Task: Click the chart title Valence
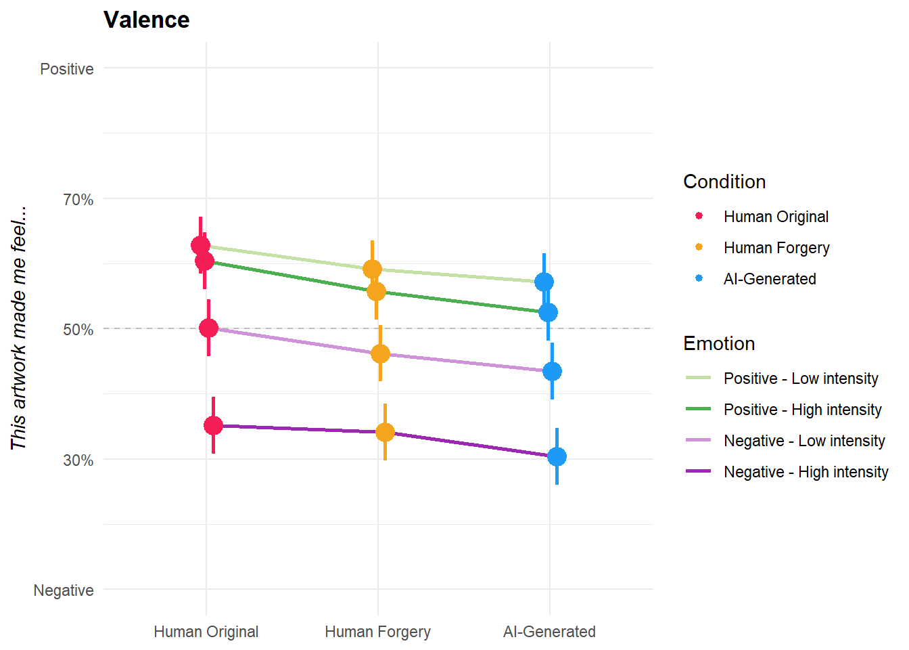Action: tap(146, 20)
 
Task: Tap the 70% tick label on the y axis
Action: tap(78, 200)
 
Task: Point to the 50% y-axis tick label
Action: tap(78, 330)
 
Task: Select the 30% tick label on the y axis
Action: tap(78, 460)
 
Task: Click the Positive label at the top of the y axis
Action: tap(66, 69)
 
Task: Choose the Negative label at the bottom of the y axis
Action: tap(64, 590)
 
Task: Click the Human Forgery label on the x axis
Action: tap(377, 632)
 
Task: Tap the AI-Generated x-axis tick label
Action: tap(549, 632)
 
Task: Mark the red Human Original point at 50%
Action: tap(208, 328)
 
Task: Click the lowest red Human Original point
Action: tap(213, 425)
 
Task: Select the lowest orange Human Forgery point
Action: tap(385, 432)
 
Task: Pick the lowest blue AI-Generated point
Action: tap(557, 456)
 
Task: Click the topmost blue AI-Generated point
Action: tap(544, 282)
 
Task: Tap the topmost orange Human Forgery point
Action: tap(372, 269)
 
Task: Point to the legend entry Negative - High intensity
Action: tap(806, 472)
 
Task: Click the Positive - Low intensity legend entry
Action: tap(801, 378)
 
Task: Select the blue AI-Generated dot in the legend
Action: tap(699, 278)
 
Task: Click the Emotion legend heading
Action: tap(719, 343)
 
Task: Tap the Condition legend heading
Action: tap(724, 181)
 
